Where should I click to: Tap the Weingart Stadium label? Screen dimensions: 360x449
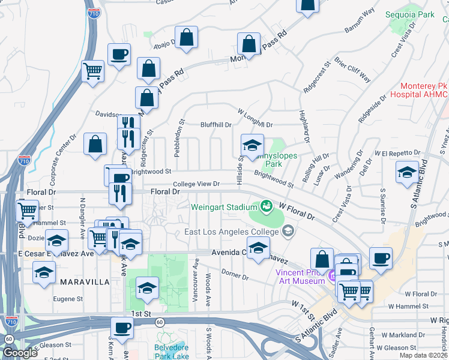click(224, 207)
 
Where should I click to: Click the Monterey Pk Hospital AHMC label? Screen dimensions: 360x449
click(419, 90)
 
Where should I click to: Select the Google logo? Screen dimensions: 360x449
click(20, 353)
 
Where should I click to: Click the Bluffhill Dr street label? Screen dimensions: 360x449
click(216, 125)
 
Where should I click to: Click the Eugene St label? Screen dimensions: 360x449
click(67, 298)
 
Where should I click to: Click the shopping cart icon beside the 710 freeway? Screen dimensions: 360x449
click(92, 71)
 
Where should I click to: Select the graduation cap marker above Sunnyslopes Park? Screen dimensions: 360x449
click(252, 145)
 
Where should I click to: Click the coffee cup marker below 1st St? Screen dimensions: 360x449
click(122, 328)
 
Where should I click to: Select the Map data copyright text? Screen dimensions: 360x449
click(423, 355)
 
